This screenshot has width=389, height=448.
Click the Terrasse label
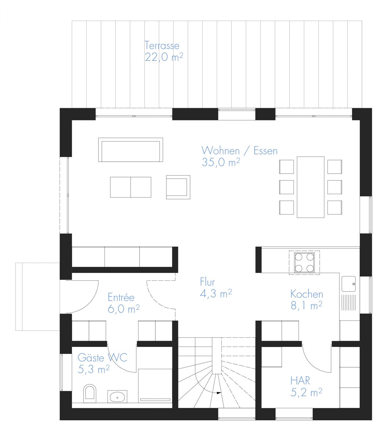point(162,45)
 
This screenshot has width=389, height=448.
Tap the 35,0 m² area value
point(221,162)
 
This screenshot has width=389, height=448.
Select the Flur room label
point(207,282)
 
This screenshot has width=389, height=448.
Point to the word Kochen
point(307,294)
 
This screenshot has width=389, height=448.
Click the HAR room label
point(300,381)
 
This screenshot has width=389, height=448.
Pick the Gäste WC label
point(102,358)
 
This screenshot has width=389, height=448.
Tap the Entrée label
point(121,297)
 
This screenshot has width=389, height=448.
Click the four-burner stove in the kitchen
point(304,262)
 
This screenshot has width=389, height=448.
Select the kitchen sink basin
point(349,284)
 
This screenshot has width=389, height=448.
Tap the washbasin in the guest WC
point(117,396)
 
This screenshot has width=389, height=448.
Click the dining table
point(311,187)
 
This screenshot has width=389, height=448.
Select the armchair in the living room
point(178,187)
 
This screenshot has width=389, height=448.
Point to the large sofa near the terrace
point(131,150)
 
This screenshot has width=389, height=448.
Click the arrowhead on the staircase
point(219,393)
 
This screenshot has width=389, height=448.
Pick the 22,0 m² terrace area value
point(164,57)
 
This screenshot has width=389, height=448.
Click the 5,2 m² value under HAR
point(306,392)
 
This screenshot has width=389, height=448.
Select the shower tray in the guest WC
point(155,386)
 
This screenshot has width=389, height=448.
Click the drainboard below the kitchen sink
point(349,302)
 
